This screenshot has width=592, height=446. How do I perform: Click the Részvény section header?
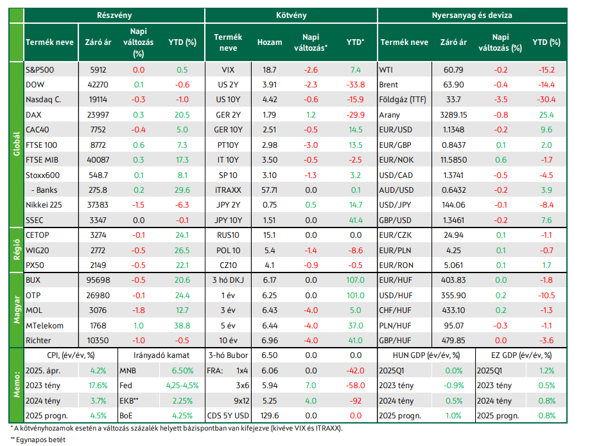(114, 15)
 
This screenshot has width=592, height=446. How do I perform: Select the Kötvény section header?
(291, 15)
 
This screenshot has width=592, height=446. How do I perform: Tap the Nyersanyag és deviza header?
(472, 15)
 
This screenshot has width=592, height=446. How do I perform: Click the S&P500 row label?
(40, 70)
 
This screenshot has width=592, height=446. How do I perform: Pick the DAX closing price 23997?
(98, 115)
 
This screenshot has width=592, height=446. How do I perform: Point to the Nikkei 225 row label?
(44, 205)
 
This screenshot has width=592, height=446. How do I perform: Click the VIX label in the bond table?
(228, 70)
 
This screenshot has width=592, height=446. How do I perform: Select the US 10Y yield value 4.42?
(270, 100)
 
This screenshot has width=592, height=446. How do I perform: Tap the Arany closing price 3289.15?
(453, 115)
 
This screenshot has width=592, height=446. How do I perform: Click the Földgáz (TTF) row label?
(403, 100)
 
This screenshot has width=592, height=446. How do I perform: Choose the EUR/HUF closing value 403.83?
(453, 280)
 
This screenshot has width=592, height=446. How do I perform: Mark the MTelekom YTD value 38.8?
(182, 325)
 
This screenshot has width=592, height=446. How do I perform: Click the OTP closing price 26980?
(98, 295)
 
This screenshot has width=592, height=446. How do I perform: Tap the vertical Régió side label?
(17, 249)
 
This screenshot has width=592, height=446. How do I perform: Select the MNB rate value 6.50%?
(182, 370)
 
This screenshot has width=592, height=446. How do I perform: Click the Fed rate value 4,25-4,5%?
(182, 386)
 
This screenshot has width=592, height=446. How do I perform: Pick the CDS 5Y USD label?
(228, 416)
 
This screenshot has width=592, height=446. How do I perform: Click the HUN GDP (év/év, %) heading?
(426, 355)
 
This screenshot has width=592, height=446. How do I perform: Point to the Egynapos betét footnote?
(38, 440)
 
